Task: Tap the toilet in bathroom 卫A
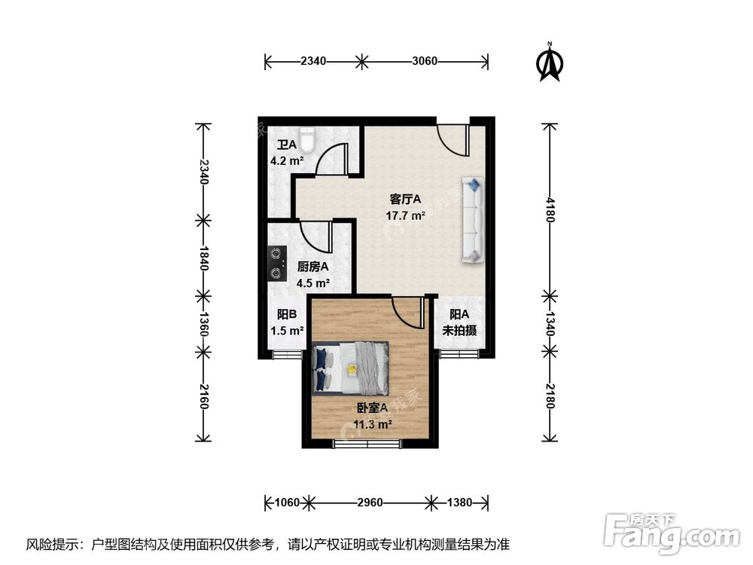[x=306, y=140]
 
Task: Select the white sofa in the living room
[x=472, y=220]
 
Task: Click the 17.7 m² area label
[x=407, y=215]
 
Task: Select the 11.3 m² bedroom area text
[x=372, y=424]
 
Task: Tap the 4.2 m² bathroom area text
[x=287, y=160]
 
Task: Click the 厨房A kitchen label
[x=313, y=267]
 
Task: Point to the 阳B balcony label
[x=286, y=315]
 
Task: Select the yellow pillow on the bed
[x=351, y=368]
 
